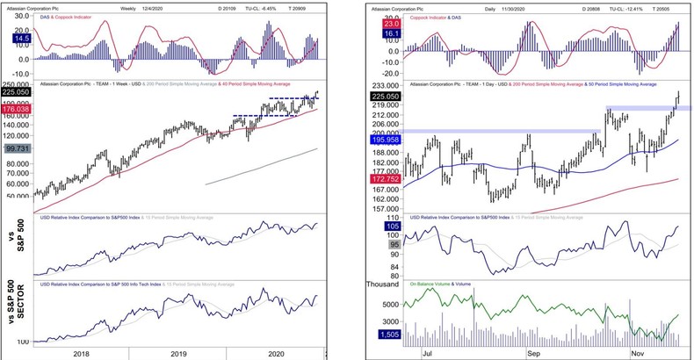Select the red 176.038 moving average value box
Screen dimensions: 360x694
pyautogui.click(x=18, y=110)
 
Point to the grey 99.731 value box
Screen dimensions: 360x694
pyautogui.click(x=18, y=149)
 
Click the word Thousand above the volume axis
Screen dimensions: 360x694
pyautogui.click(x=380, y=284)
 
